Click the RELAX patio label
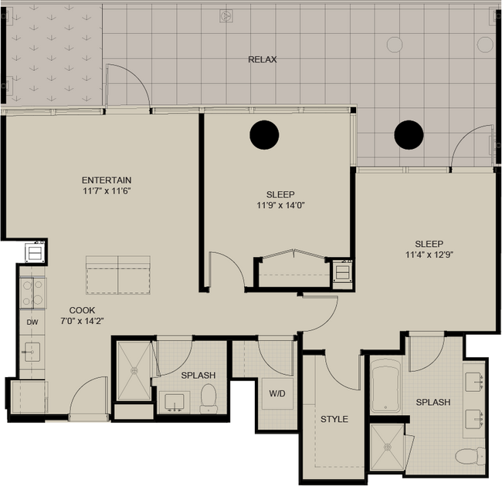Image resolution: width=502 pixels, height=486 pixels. [263, 59]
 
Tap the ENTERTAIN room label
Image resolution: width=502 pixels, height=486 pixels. [107, 181]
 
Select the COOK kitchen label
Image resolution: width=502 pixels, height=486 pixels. [83, 310]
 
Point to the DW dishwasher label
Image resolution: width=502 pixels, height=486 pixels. [32, 322]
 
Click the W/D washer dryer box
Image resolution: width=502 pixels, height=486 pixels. [277, 393]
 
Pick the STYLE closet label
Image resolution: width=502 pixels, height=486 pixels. [334, 419]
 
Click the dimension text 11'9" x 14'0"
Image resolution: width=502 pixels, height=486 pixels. [280, 205]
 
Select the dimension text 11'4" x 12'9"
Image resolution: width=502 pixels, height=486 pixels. [429, 255]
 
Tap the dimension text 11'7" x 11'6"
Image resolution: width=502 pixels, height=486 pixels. [107, 191]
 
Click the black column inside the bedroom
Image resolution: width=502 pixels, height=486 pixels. [264, 135]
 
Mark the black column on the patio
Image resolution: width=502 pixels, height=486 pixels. [409, 135]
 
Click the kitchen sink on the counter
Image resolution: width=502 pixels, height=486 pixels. [32, 352]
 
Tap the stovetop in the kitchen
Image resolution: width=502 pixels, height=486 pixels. [33, 293]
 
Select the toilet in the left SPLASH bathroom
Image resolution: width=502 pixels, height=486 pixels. [209, 398]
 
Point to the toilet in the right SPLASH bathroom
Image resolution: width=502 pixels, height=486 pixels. [470, 456]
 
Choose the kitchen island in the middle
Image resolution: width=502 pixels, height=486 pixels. [118, 275]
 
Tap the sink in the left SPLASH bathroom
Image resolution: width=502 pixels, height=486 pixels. [175, 402]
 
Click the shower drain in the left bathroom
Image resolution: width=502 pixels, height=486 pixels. [134, 370]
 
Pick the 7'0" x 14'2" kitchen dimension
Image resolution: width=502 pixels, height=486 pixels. [83, 321]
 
